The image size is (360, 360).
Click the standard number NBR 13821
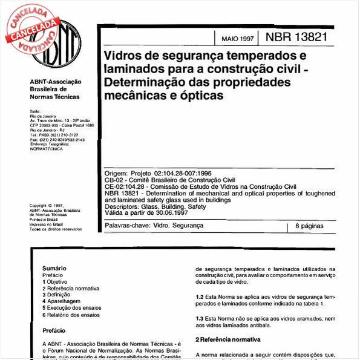point(296,37)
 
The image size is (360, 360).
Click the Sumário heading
point(54,268)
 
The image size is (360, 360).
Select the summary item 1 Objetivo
point(55,282)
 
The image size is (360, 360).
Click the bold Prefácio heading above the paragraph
point(54,330)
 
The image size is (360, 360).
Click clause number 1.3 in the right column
point(199,318)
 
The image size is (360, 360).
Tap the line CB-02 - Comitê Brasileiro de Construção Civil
point(169,180)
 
